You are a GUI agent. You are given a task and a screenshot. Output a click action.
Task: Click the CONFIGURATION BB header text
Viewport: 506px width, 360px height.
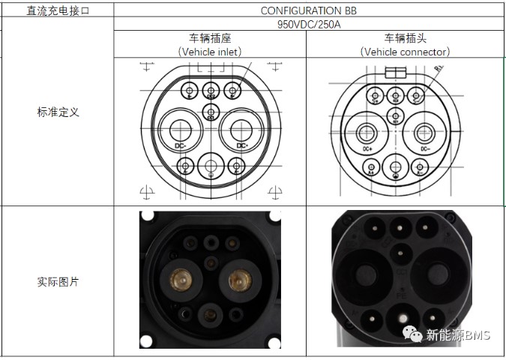tap(310, 10)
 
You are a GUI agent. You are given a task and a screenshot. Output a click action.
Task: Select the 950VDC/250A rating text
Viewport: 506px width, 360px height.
tap(310, 24)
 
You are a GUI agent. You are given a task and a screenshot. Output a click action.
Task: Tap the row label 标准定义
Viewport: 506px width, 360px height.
tap(58, 112)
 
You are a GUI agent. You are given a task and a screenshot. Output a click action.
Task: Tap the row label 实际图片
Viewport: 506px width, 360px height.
tap(58, 282)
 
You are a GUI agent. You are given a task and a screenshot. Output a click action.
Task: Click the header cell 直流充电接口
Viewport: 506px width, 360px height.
tap(58, 10)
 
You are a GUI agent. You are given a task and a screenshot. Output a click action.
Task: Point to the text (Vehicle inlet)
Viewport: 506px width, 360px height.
tap(210, 52)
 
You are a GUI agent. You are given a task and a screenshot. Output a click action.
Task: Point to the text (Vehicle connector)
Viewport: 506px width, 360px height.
tap(405, 52)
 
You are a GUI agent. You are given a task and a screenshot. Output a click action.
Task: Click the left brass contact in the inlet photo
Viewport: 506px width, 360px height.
tap(180, 279)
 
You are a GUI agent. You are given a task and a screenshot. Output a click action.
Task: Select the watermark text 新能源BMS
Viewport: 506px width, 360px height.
tap(457, 335)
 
